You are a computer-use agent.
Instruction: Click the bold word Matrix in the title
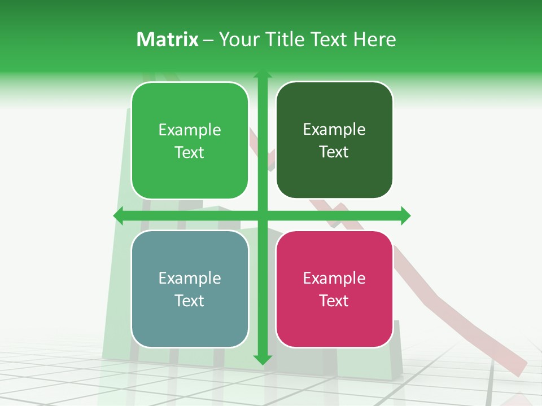pos(167,39)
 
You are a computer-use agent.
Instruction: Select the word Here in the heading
pos(374,39)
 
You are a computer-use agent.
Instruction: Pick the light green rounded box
pos(190,140)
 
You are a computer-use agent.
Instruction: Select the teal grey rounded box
pos(190,289)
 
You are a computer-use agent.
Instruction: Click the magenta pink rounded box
pos(334,289)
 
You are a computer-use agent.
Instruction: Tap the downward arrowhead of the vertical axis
pos(263,359)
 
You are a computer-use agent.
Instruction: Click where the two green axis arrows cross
pos(263,216)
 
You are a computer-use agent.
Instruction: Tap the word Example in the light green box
pos(190,130)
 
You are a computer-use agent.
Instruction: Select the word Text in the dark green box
pos(334,152)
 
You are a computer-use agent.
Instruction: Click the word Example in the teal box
pos(190,278)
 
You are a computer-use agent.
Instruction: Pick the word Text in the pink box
pos(334,301)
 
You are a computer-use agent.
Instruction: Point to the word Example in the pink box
pos(334,278)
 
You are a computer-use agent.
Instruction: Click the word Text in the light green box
pos(190,152)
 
